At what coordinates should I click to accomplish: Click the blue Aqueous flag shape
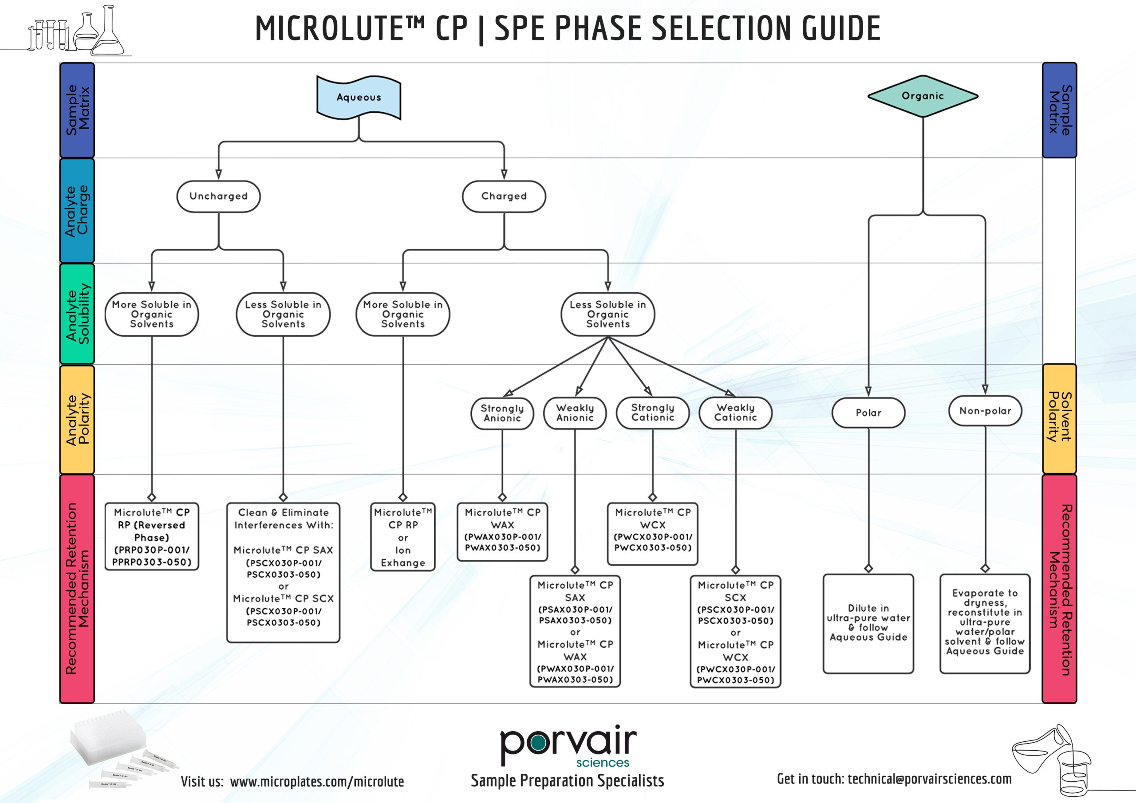point(359,98)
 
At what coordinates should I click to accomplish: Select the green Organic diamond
point(923,96)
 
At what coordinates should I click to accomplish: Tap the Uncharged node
point(218,197)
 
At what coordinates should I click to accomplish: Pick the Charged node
point(504,197)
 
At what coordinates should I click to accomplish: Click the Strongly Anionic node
point(502,413)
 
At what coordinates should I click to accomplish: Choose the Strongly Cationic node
point(653,413)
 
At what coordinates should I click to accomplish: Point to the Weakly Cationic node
point(735,413)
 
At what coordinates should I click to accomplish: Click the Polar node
point(868,413)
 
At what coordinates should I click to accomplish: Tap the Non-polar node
point(985,411)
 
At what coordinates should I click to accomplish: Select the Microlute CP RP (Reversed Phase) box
point(151,537)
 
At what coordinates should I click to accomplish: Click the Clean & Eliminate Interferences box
point(283,572)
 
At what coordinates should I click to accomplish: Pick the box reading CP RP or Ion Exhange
point(403,537)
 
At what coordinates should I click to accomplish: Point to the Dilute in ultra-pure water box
point(868,623)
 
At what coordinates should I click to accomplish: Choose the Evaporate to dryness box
point(985,623)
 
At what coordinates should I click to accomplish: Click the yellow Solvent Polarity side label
point(1059,418)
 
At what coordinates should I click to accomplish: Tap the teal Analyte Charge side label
point(77,211)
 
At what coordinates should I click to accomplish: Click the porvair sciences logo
point(568,746)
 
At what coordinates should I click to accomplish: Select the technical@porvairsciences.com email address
point(929,779)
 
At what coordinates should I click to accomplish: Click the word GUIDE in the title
point(841,28)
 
